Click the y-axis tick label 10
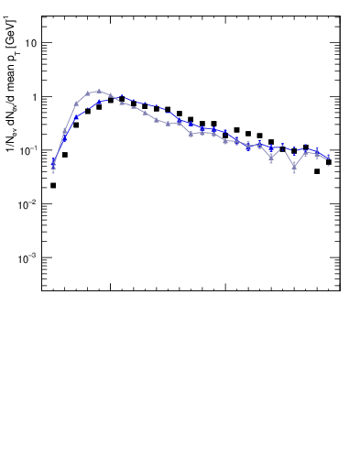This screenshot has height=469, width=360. [x=30, y=43]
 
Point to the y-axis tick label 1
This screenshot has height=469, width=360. [x=33, y=97]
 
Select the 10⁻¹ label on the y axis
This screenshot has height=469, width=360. [x=28, y=150]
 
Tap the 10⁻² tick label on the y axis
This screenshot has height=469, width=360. [x=28, y=204]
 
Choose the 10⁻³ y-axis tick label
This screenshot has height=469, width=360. [x=28, y=258]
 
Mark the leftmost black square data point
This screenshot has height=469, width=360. [x=53, y=185]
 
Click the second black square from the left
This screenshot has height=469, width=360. [x=65, y=155]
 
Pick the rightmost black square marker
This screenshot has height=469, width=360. [x=329, y=162]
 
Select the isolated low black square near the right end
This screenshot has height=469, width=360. [x=317, y=171]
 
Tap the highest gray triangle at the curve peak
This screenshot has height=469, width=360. [x=99, y=91]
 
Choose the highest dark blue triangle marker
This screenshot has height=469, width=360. [x=122, y=97]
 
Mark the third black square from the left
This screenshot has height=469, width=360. [x=76, y=125]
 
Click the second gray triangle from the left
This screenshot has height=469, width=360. [x=65, y=132]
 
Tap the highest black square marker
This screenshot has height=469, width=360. [x=122, y=99]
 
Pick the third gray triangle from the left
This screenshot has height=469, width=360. [x=76, y=104]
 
